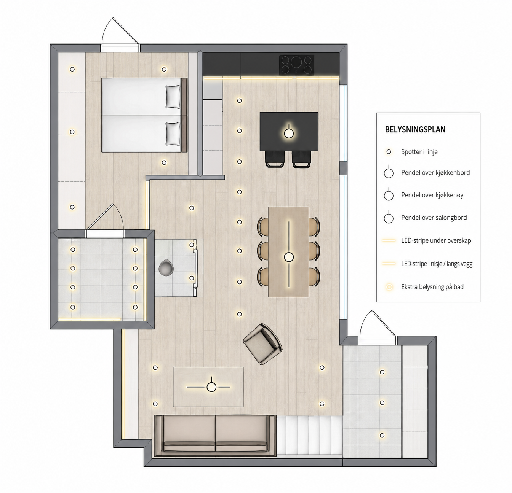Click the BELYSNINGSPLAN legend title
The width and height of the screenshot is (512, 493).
click(x=415, y=130)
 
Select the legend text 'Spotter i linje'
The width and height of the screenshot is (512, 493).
click(x=419, y=152)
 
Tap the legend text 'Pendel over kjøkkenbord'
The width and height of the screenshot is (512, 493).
click(x=435, y=173)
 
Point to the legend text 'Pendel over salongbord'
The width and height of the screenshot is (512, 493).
click(x=434, y=218)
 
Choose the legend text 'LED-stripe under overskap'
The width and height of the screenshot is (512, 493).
click(x=436, y=240)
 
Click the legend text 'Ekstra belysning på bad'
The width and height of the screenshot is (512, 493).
click(x=432, y=287)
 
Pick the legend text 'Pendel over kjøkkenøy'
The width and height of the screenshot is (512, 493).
click(x=432, y=195)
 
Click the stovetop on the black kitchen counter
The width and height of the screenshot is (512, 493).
click(x=296, y=65)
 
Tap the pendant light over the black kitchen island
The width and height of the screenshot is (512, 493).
click(x=289, y=133)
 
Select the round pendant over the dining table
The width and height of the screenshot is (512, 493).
click(x=289, y=257)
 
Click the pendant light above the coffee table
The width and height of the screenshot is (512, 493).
click(x=211, y=387)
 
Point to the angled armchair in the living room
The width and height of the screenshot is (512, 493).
click(x=262, y=344)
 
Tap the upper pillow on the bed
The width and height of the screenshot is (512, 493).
click(x=173, y=97)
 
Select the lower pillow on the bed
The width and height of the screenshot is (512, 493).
click(x=173, y=134)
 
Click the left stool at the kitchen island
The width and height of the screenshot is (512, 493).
click(x=275, y=159)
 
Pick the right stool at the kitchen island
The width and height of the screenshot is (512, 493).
click(x=301, y=159)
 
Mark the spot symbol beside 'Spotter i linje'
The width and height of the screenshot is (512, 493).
click(x=389, y=152)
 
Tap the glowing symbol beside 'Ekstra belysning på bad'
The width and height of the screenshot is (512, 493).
click(x=389, y=287)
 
